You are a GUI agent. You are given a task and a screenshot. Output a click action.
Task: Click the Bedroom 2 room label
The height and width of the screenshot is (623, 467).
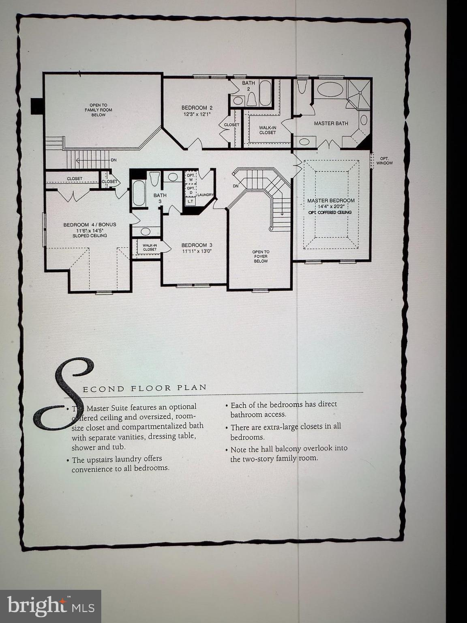pyautogui.click(x=197, y=107)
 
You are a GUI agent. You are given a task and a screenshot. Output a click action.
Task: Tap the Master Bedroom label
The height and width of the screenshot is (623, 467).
pyautogui.click(x=331, y=200)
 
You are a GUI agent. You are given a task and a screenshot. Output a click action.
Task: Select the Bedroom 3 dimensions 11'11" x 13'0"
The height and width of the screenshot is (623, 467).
pyautogui.click(x=197, y=251)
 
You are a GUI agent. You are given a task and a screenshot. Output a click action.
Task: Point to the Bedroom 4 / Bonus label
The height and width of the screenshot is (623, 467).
pyautogui.click(x=90, y=225)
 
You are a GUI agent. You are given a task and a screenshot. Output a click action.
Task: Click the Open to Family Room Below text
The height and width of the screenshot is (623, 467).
pyautogui.click(x=98, y=110)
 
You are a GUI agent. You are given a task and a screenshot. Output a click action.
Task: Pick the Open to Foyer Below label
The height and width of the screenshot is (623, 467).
pyautogui.click(x=261, y=256)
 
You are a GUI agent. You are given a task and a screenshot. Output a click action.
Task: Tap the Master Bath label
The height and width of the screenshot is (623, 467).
pyautogui.click(x=331, y=123)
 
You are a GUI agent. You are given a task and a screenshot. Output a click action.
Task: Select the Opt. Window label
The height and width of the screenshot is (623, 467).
pyautogui.click(x=384, y=161)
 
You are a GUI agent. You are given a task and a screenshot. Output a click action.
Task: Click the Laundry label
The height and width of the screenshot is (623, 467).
pyautogui.click(x=205, y=195)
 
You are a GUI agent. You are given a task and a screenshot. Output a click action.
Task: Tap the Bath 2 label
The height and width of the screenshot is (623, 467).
pyautogui.click(x=248, y=86)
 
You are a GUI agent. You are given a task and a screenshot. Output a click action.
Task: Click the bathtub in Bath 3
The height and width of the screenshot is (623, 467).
pyautogui.click(x=139, y=193)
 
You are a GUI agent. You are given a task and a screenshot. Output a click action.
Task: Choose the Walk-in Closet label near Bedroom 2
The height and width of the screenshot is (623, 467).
pyautogui.click(x=268, y=130)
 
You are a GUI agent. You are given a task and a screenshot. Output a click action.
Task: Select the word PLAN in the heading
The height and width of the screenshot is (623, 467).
pyautogui.click(x=192, y=387)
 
